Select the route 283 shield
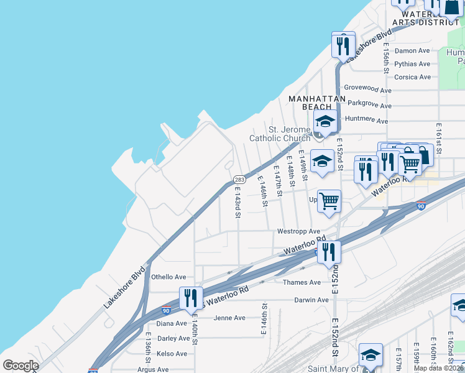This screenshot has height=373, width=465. click(x=239, y=179)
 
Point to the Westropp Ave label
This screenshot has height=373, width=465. click(x=298, y=231)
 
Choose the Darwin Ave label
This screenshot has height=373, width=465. click(x=311, y=300)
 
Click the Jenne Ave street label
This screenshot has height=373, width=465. click(x=229, y=318)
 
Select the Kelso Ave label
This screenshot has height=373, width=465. click(x=172, y=354)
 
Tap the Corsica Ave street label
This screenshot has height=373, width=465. click(x=413, y=77)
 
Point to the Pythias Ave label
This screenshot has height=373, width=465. click(x=412, y=64)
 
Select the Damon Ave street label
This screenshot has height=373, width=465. click(x=412, y=50)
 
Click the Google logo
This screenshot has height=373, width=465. click(x=21, y=366)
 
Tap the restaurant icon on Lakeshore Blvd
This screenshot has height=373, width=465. click(x=343, y=45)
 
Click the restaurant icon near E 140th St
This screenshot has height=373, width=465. click(x=191, y=297)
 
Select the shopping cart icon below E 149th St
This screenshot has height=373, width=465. click(x=329, y=200)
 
